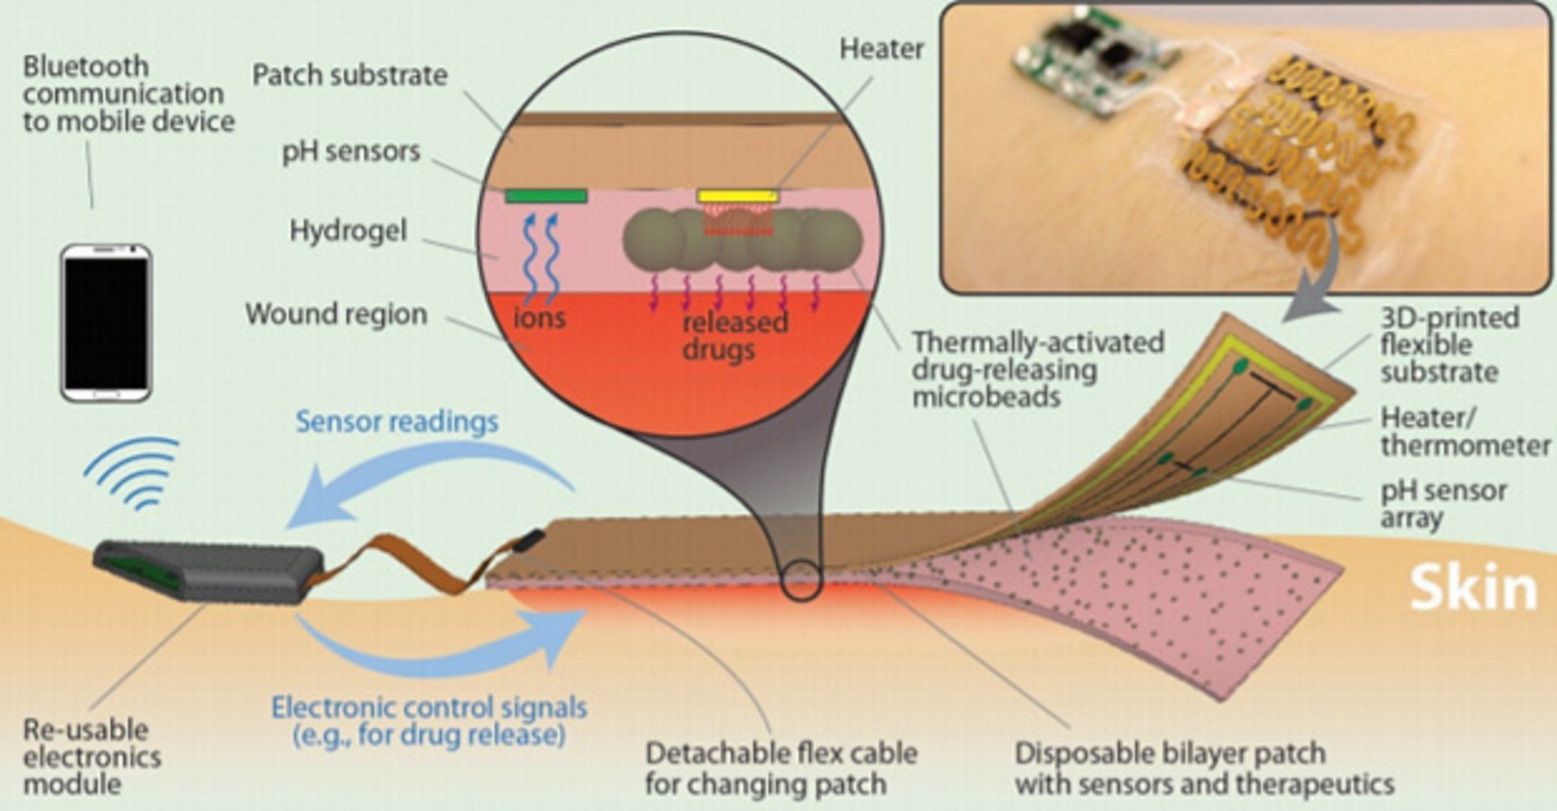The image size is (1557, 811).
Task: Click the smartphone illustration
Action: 106,323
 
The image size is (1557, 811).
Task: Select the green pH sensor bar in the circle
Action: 546,195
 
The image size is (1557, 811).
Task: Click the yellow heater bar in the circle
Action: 737,196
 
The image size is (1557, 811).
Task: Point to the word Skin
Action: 1473,588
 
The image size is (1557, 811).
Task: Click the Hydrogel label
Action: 348,231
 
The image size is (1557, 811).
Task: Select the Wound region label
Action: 336,314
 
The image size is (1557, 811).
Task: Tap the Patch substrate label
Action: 350,75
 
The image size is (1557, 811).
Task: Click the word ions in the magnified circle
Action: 539,317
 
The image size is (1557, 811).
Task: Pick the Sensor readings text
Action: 397,422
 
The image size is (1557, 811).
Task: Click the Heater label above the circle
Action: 881,49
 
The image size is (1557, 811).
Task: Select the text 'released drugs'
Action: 734,336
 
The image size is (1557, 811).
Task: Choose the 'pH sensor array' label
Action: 1443,504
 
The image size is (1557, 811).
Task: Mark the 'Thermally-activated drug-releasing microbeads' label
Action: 1038,370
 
